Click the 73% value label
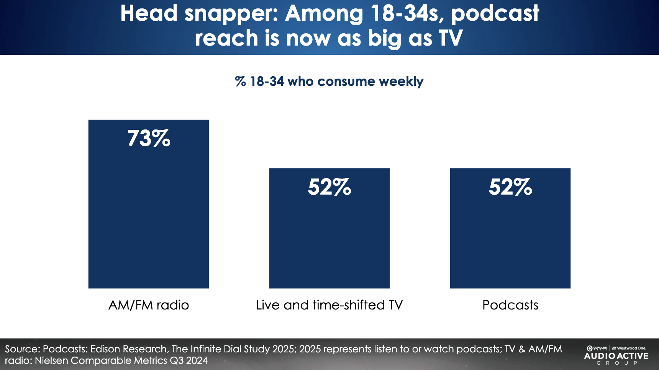click(x=149, y=138)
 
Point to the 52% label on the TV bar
click(x=329, y=187)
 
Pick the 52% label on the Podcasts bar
click(x=510, y=187)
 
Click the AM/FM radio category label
click(x=149, y=305)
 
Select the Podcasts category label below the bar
click(x=510, y=305)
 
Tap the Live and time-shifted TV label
click(x=329, y=305)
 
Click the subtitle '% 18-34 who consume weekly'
click(x=329, y=81)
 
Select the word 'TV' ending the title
click(x=450, y=38)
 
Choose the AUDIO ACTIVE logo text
click(x=616, y=356)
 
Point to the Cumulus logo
click(x=597, y=348)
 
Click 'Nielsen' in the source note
click(x=51, y=360)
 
